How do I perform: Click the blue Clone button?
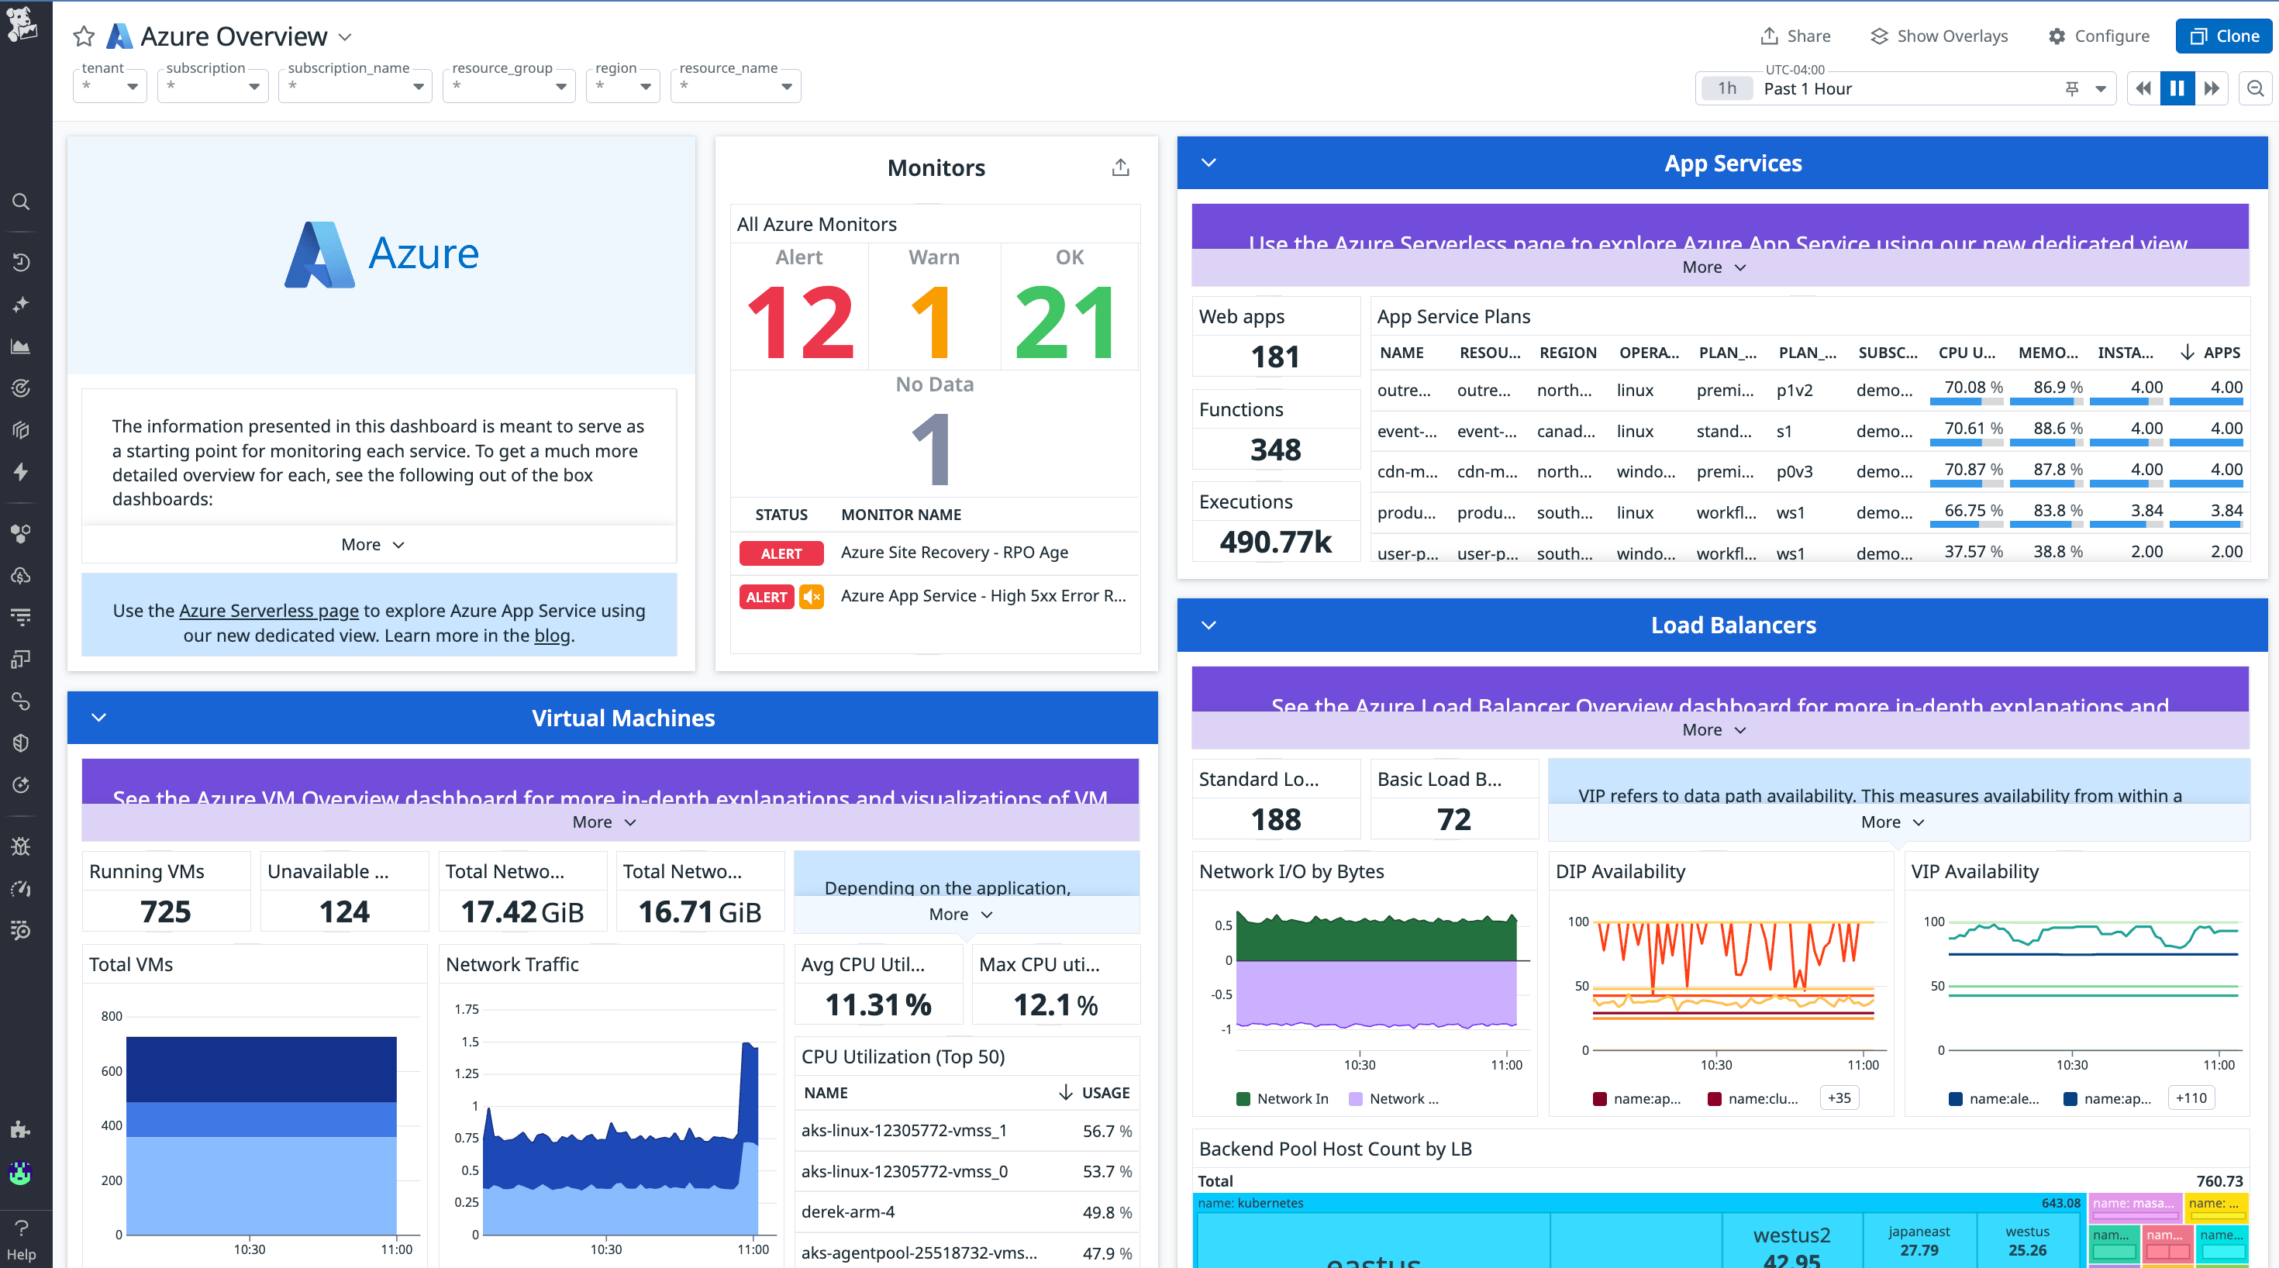point(2224,36)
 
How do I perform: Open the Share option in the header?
point(1796,36)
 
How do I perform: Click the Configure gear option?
point(2098,36)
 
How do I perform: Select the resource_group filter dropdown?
point(509,87)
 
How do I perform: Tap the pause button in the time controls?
point(2177,88)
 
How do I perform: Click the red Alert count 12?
point(800,323)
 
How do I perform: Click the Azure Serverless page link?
point(268,611)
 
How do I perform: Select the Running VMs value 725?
point(165,911)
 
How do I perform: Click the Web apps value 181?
point(1275,357)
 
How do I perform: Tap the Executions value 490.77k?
point(1275,542)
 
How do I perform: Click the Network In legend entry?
point(1291,1099)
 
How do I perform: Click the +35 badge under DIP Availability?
point(1839,1098)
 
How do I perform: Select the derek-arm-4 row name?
point(847,1212)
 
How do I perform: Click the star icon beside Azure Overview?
point(84,36)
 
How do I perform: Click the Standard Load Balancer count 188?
point(1275,819)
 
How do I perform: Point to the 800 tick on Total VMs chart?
point(112,1016)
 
